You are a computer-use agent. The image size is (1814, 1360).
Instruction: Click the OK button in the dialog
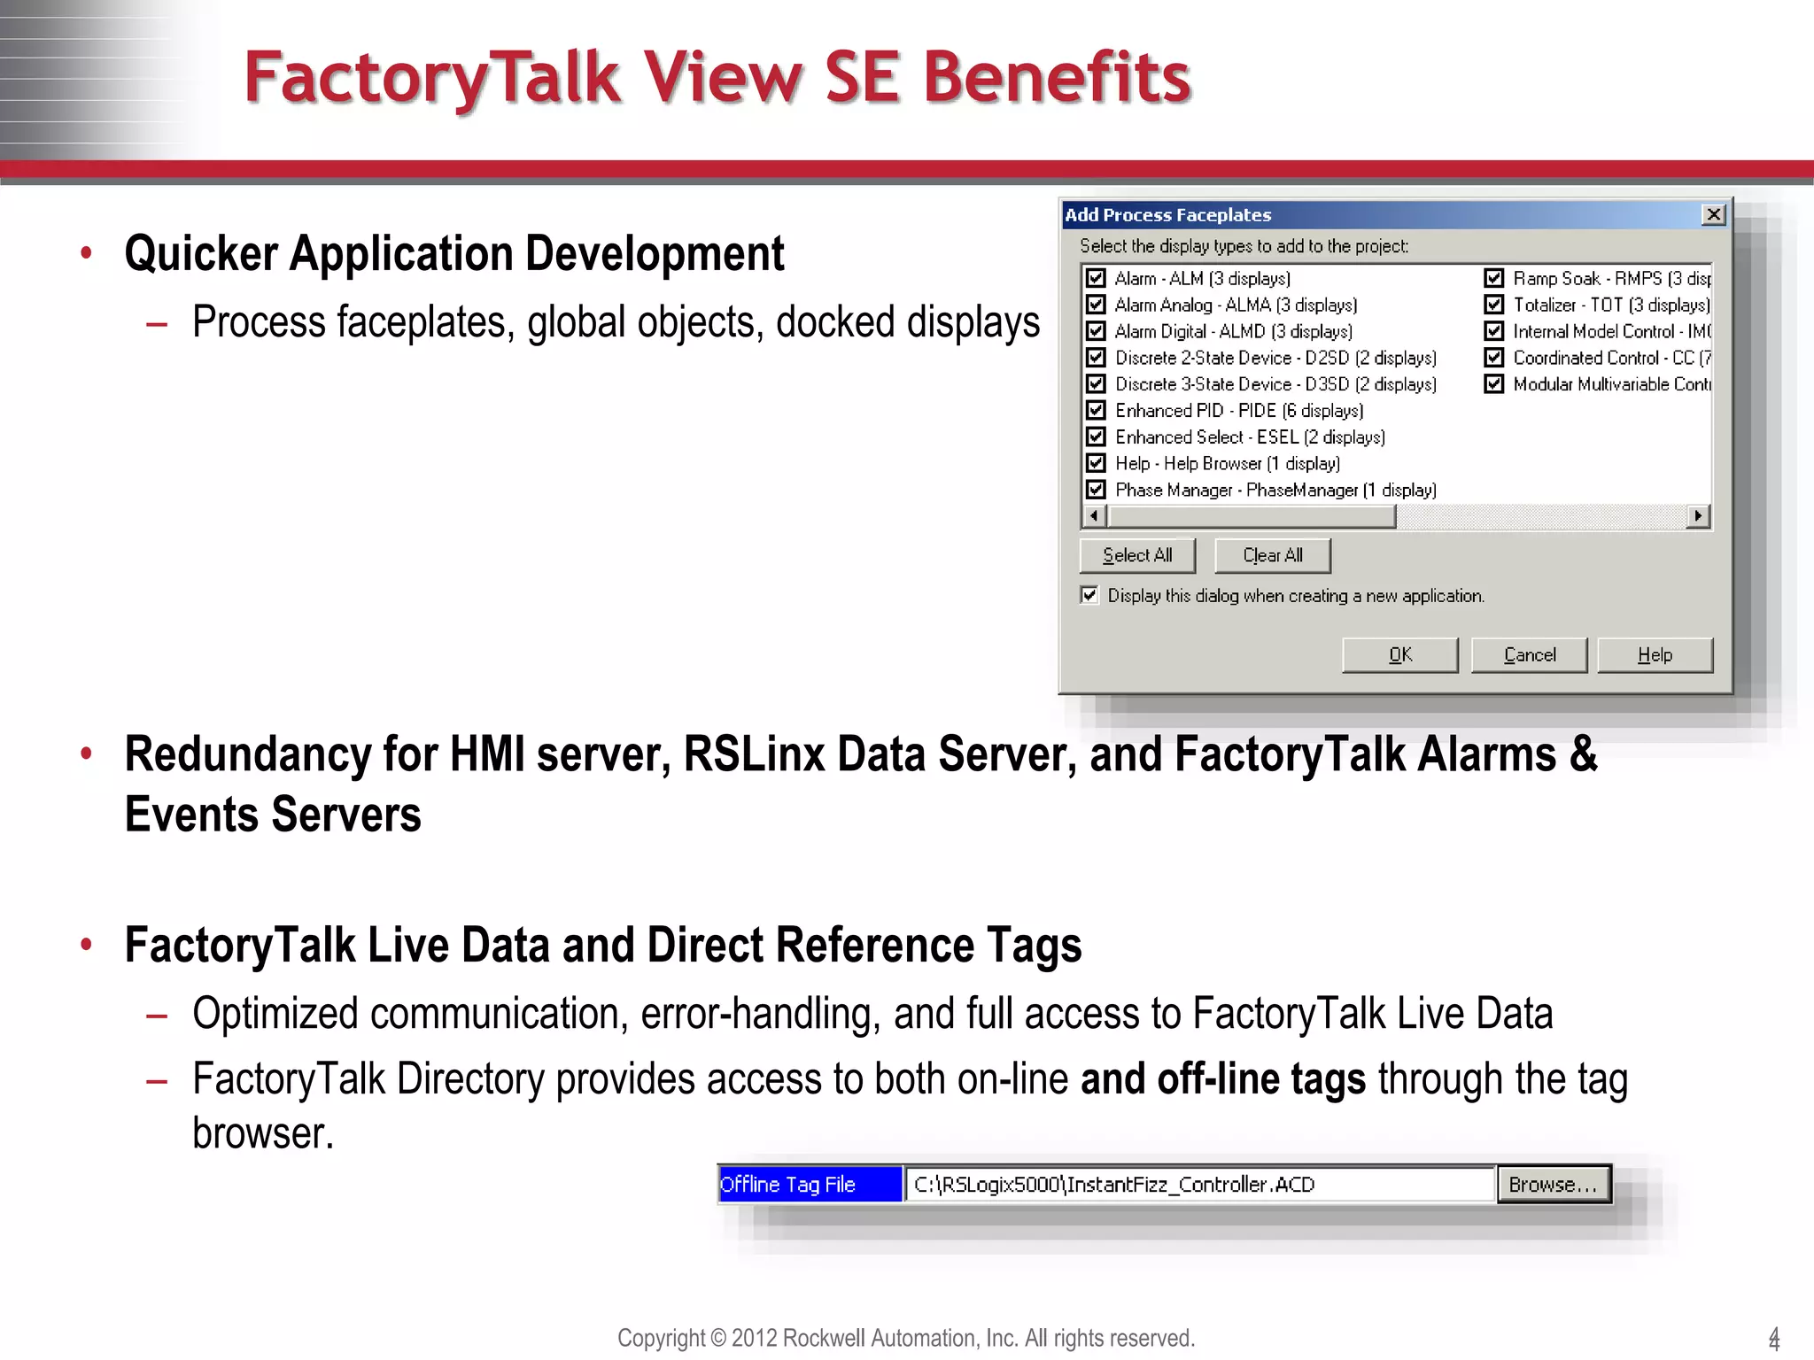point(1399,655)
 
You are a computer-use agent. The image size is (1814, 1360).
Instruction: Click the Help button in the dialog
point(1655,655)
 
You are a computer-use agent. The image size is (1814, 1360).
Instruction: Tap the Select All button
point(1137,556)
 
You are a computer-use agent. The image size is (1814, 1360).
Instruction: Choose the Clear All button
point(1272,556)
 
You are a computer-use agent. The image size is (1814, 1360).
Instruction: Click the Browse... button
point(1553,1185)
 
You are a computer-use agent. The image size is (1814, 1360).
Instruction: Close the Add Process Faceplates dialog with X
point(1714,215)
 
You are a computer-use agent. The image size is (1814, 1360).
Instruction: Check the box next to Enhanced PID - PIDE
point(1097,411)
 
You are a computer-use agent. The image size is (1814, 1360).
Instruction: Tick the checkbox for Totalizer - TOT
point(1494,305)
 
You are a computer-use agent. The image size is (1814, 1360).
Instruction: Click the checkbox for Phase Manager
point(1097,490)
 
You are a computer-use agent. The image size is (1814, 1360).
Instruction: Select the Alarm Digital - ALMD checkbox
point(1097,331)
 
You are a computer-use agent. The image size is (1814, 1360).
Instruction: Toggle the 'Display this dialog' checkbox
point(1089,595)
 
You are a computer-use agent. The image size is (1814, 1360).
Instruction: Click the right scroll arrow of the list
point(1697,516)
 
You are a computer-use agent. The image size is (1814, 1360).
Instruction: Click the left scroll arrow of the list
point(1095,516)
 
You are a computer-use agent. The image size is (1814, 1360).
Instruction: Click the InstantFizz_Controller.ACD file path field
point(1199,1185)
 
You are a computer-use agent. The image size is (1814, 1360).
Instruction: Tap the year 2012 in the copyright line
point(754,1338)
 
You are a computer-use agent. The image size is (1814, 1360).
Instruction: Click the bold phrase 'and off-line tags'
point(1222,1079)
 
